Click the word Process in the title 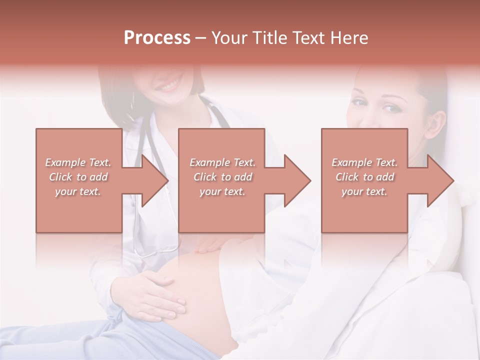157,38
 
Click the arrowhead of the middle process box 296,180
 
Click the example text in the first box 78,177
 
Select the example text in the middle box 222,177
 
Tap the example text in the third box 364,177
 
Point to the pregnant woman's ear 436,125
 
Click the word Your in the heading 229,38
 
